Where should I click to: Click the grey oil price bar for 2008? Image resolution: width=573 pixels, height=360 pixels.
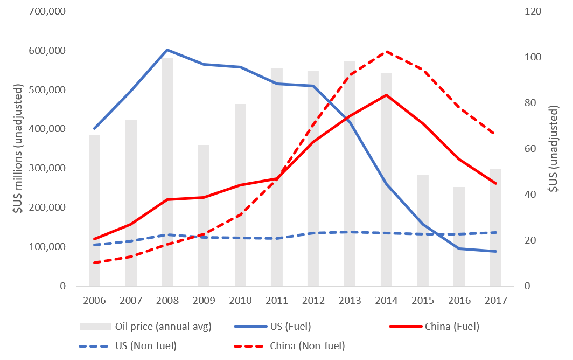pyautogui.click(x=167, y=172)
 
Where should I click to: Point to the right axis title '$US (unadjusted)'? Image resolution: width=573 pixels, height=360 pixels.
pyautogui.click(x=555, y=149)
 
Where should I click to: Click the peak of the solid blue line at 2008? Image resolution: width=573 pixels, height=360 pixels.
pyautogui.click(x=167, y=50)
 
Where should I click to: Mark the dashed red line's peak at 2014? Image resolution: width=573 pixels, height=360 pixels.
pyautogui.click(x=386, y=52)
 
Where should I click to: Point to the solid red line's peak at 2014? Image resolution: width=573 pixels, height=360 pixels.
pyautogui.click(x=386, y=95)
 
